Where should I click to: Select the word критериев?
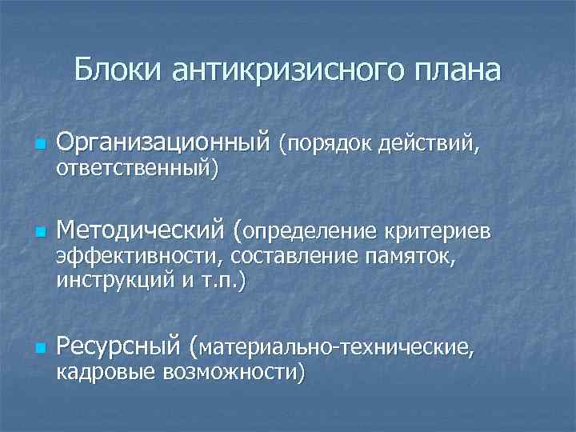pyautogui.click(x=434, y=232)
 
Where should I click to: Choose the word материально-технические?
pyautogui.click(x=336, y=347)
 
